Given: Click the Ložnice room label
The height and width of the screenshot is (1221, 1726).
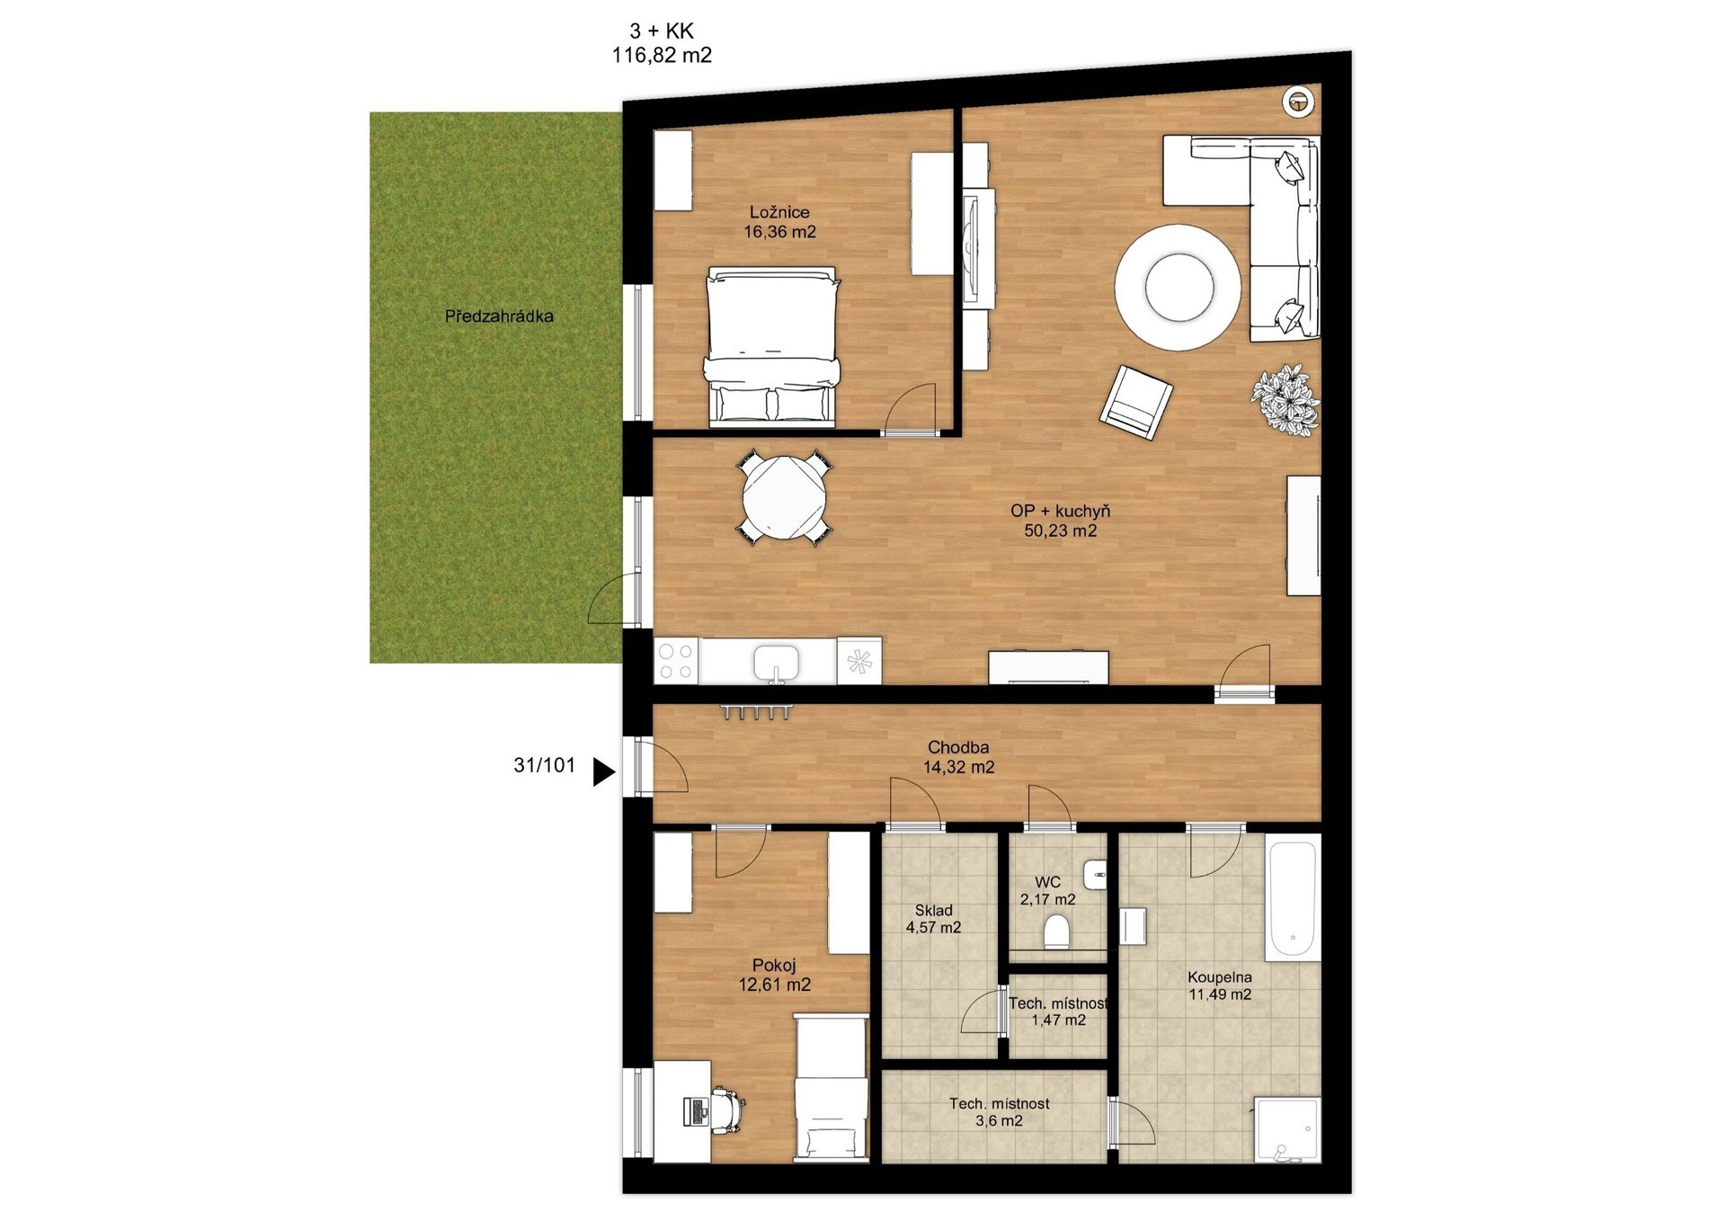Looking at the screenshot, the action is [779, 212].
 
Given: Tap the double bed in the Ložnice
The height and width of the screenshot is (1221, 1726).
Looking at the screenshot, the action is [772, 345].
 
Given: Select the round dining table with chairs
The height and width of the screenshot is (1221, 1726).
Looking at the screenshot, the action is [784, 498].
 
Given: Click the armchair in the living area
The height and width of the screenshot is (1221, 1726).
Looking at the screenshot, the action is [1136, 402].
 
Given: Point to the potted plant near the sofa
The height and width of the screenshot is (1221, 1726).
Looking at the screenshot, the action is [1286, 400].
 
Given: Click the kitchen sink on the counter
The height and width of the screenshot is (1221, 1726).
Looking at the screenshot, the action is [776, 663].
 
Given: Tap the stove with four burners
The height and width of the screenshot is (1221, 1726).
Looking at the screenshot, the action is [677, 660].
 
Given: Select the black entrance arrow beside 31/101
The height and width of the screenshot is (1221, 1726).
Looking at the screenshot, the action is [603, 771].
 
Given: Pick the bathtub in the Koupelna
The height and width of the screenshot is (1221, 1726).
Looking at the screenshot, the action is [1293, 897].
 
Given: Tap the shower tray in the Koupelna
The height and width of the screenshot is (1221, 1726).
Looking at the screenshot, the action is [1286, 1129].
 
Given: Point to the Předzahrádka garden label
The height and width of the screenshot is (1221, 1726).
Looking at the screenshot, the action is [499, 316].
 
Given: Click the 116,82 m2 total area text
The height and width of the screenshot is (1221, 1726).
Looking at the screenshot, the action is [662, 56].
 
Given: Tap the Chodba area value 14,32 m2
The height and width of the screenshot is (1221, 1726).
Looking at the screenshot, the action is [958, 767].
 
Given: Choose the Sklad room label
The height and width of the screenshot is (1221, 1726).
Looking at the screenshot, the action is [933, 910].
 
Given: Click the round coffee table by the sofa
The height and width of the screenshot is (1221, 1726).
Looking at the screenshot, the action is [1179, 287].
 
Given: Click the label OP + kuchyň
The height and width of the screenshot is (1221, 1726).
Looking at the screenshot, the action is [1060, 511].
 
